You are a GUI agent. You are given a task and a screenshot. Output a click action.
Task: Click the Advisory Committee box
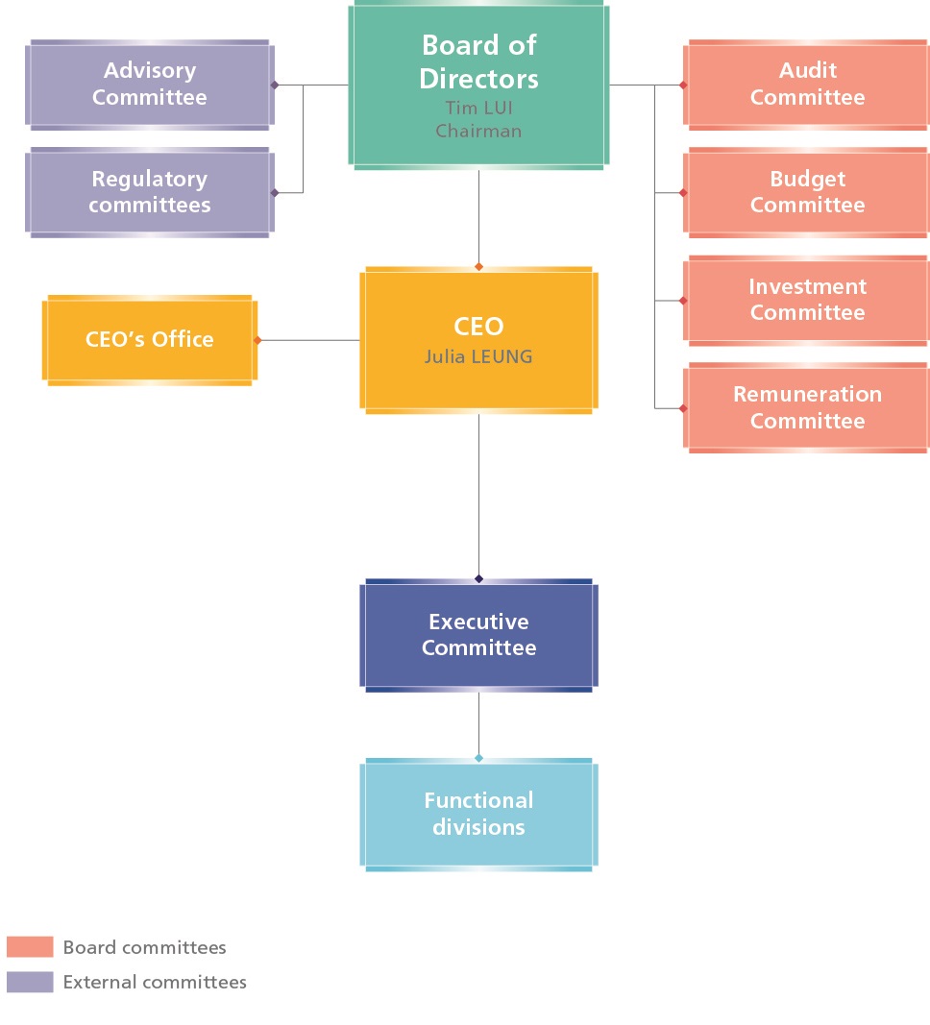[149, 84]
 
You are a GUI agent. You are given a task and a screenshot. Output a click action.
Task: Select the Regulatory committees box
[149, 192]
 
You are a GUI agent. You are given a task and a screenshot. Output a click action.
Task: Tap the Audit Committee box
[807, 84]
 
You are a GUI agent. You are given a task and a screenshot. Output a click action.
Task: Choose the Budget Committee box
[807, 192]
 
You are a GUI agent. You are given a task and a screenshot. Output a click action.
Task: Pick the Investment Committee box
[807, 300]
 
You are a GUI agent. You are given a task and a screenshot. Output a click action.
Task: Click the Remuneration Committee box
[807, 407]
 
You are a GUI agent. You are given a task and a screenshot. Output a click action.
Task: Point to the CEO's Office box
[149, 339]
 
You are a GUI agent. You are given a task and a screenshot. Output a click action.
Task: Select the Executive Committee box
[478, 635]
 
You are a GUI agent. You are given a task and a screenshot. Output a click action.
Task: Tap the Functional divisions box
[478, 814]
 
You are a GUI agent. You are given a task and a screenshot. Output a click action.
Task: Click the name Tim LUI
[478, 108]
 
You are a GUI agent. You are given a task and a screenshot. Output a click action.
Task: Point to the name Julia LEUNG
[478, 356]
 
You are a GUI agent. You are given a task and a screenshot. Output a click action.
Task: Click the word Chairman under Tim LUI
[478, 131]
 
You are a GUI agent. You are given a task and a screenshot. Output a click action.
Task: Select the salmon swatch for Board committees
[30, 947]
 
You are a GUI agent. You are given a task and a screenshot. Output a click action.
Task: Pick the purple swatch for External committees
[30, 982]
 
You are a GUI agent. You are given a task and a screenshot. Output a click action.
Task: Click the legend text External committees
[155, 982]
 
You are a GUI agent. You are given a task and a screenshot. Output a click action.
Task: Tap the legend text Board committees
[144, 947]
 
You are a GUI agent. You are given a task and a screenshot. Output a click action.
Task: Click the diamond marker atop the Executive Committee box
[478, 578]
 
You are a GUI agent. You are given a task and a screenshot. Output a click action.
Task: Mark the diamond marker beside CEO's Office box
[257, 339]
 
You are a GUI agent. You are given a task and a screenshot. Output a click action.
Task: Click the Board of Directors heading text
[478, 61]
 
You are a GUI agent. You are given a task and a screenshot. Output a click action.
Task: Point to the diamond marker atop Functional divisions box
[478, 758]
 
